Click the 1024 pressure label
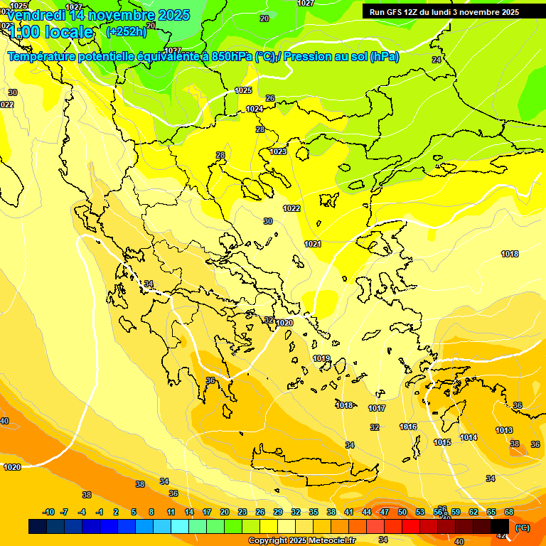click(255, 109)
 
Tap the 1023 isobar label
click(278, 151)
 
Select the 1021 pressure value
click(313, 244)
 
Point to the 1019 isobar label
click(321, 358)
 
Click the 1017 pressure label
click(377, 408)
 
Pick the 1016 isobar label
click(408, 427)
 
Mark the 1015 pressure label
click(442, 442)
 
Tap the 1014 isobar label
click(469, 437)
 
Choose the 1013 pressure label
click(504, 430)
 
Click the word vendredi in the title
click(36, 15)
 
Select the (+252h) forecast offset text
click(126, 31)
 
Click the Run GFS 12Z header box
click(444, 12)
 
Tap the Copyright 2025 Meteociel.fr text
click(301, 541)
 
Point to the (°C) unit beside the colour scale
click(522, 528)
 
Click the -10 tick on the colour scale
click(48, 512)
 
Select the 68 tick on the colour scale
click(509, 512)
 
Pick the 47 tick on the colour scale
click(384, 512)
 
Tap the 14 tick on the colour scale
click(189, 512)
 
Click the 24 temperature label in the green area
click(436, 60)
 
